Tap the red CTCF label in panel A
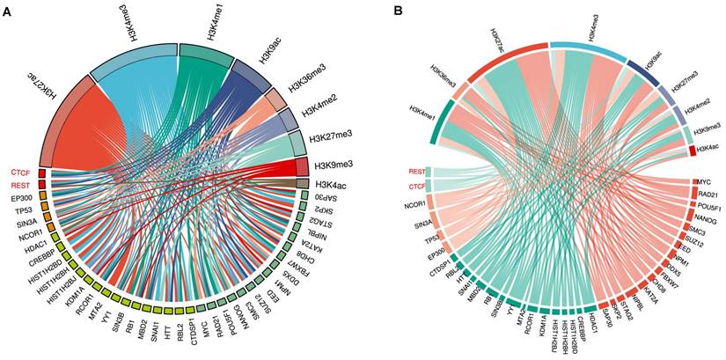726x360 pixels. tap(20, 171)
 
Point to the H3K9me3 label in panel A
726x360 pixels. tap(335, 165)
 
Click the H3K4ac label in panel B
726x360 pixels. tap(706, 151)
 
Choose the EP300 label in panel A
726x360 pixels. tap(21, 199)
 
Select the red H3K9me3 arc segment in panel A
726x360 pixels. tap(301, 165)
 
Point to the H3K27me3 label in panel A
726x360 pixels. tap(334, 136)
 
